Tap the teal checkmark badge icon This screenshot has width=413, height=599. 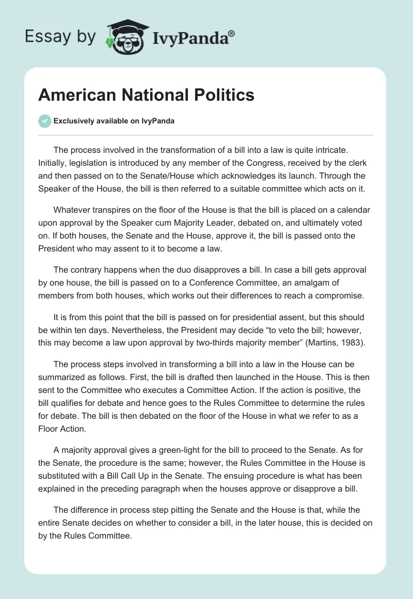[x=45, y=121]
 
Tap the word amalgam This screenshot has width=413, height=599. [x=306, y=283]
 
